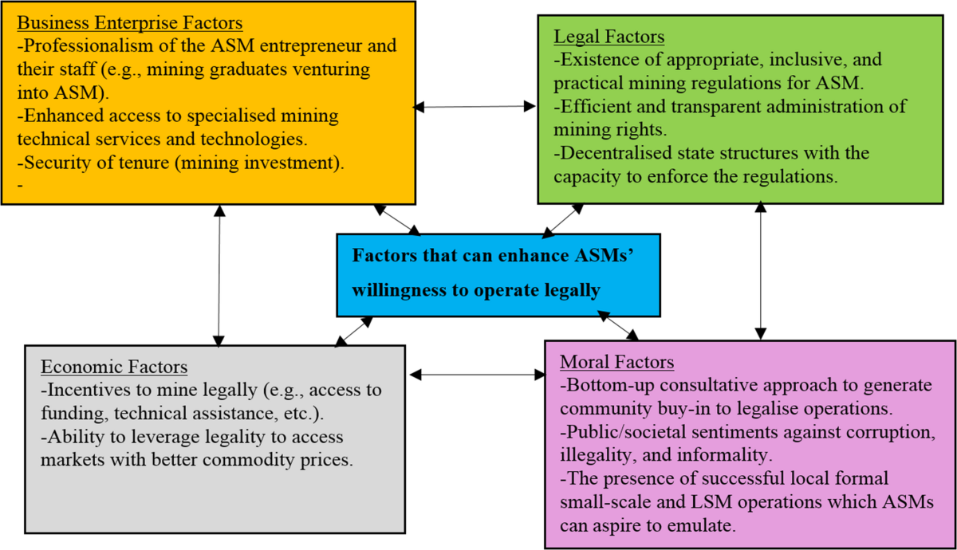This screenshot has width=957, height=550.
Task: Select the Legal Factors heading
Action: (x=608, y=37)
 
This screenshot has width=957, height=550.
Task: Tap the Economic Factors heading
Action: (x=114, y=367)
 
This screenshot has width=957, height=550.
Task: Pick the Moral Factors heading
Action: (x=616, y=363)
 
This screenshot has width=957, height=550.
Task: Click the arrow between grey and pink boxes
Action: (x=476, y=373)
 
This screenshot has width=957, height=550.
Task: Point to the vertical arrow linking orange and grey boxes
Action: (x=219, y=276)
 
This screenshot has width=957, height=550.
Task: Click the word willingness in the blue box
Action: (x=401, y=290)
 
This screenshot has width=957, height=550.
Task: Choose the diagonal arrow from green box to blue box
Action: (x=563, y=220)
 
